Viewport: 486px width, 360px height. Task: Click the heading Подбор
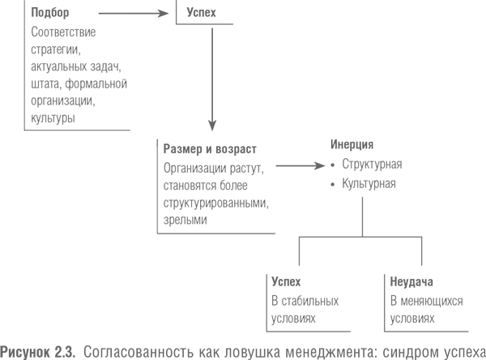[x=50, y=13]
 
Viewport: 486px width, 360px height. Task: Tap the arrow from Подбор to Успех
[x=134, y=13]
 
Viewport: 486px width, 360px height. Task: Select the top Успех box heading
[x=201, y=12]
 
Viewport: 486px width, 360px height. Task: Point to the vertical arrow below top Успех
[x=212, y=79]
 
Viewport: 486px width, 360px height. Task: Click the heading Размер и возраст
[x=210, y=149]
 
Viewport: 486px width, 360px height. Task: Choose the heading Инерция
[x=352, y=144]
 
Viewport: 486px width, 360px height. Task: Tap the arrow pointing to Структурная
[x=301, y=165]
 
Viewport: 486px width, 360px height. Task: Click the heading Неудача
[x=411, y=282]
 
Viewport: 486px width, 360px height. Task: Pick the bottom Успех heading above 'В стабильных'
[x=286, y=282]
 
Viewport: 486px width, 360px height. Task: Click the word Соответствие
[x=63, y=32]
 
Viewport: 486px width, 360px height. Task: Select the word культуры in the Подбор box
[x=53, y=118]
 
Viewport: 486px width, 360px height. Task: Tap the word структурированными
[x=216, y=203]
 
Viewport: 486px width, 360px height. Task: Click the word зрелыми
[x=185, y=220]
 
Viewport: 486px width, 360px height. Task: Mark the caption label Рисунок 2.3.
[x=38, y=352]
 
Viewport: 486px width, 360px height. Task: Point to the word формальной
[x=96, y=84]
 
